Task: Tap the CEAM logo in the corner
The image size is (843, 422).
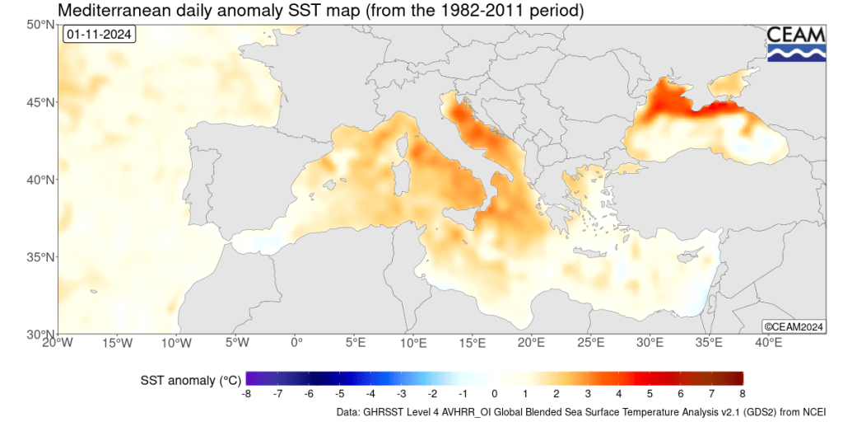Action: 796,44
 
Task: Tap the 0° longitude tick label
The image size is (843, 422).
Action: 296,343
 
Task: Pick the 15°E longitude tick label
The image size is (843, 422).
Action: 473,343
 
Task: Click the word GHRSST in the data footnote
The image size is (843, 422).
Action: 389,411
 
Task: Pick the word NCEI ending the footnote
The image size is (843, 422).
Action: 811,411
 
